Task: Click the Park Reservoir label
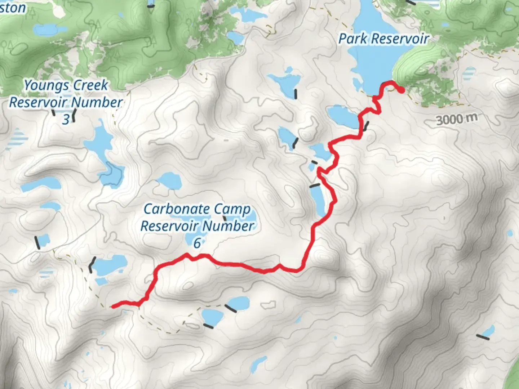point(383,39)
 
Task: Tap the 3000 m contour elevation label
point(457,119)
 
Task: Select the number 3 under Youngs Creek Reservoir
point(66,119)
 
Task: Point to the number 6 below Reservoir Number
point(197,243)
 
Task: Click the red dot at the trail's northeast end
point(401,90)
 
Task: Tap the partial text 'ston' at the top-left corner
point(13,8)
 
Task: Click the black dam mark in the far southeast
point(483,337)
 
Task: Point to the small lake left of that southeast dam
point(489,330)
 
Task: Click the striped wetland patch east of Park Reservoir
point(469,74)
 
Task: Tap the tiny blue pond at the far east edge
point(510,233)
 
